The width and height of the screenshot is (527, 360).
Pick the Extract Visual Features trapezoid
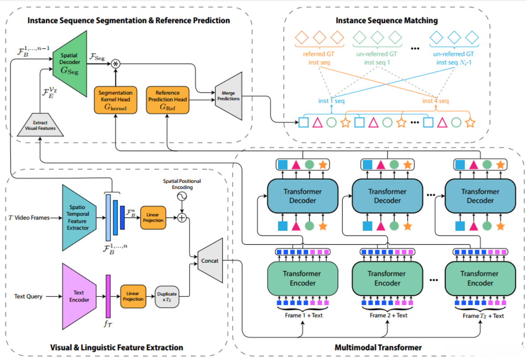[x=40, y=125]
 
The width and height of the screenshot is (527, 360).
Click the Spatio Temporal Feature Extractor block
[x=78, y=218]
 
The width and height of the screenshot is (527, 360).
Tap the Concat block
[x=210, y=260]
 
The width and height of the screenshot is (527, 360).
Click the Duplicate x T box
[x=167, y=297]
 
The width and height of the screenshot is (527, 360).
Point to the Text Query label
[x=28, y=296]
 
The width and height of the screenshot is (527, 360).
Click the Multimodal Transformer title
[x=378, y=347]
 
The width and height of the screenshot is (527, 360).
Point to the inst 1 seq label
[x=332, y=101]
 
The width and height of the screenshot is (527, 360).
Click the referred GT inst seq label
[x=320, y=59]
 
